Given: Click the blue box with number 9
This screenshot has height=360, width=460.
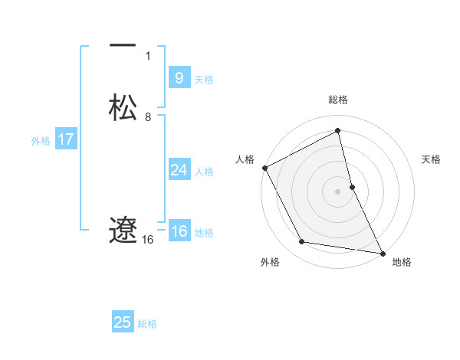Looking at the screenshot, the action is click(179, 78).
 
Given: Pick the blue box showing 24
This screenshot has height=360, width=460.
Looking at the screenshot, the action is click(179, 170).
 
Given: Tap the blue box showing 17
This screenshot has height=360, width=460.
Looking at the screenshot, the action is click(66, 139).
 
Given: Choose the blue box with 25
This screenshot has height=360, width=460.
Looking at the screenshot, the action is click(123, 322).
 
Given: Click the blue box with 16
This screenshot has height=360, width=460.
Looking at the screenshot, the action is click(179, 231).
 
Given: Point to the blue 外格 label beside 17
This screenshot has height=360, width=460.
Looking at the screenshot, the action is click(41, 141).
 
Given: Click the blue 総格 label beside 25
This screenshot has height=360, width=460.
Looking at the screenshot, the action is click(147, 324).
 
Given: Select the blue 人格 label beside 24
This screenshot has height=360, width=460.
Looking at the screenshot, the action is click(204, 172).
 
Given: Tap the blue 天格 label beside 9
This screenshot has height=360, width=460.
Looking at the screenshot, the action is click(204, 80).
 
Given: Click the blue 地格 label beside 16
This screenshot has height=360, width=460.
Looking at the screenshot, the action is click(204, 233).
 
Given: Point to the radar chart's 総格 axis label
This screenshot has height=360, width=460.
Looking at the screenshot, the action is click(338, 100).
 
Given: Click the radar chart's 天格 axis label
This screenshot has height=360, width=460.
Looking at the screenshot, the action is click(431, 159).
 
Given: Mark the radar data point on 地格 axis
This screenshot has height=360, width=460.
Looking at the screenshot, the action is click(383, 253).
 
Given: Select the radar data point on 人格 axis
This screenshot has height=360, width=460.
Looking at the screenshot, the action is click(264, 168).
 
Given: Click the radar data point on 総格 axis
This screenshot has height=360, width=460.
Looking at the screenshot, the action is click(338, 130).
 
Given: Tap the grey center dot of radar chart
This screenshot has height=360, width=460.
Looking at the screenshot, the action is click(338, 191).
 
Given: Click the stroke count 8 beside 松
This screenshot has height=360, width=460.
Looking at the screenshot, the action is click(148, 117).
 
